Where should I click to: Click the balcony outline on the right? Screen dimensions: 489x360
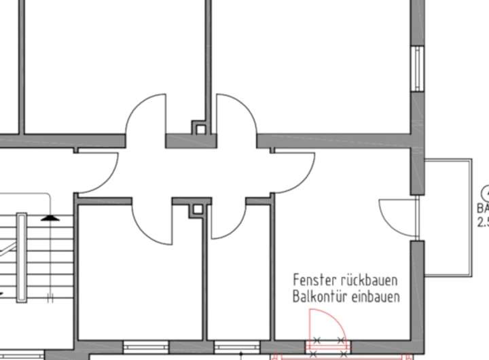click(x=470, y=217)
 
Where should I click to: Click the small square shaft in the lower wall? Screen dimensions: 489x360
click(x=196, y=209)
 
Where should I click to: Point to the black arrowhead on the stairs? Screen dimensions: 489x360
click(x=49, y=217)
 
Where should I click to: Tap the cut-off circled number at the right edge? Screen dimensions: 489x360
click(x=484, y=193)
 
